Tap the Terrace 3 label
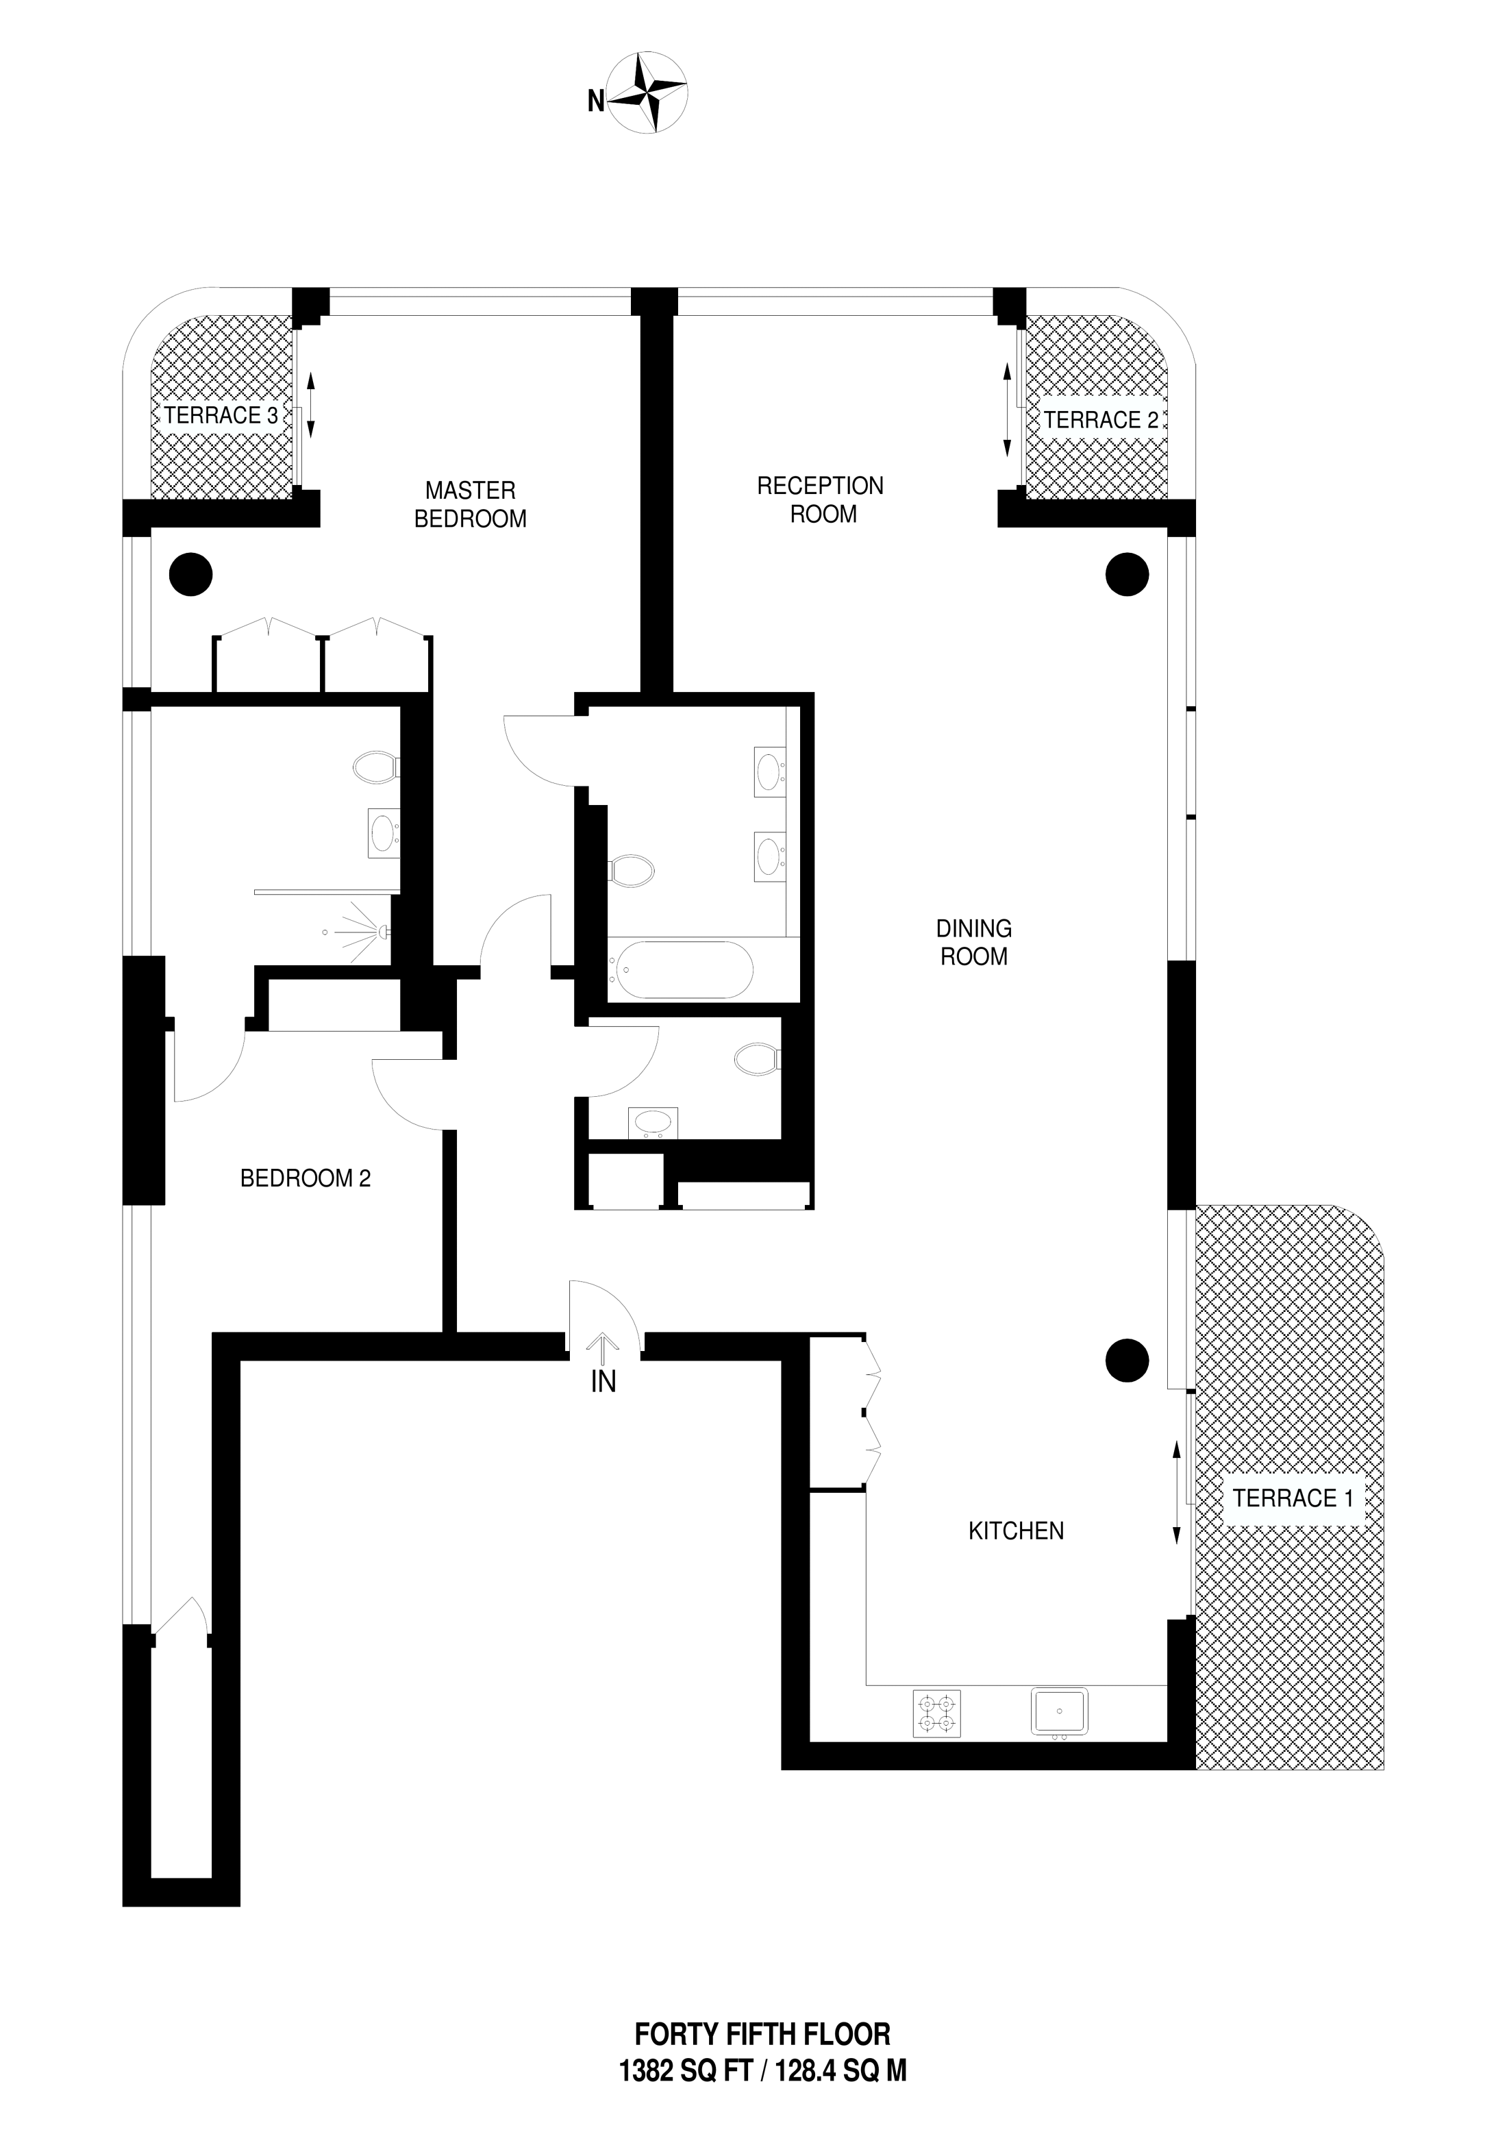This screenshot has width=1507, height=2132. click(221, 415)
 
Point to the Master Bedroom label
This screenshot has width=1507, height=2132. click(470, 504)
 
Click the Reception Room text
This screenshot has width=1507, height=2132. click(821, 499)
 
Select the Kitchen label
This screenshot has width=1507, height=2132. click(1016, 1531)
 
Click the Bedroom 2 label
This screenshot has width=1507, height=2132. click(306, 1178)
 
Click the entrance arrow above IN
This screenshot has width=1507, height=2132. click(603, 1348)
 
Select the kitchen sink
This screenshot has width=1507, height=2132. click(1060, 1711)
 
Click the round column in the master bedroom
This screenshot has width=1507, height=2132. click(190, 574)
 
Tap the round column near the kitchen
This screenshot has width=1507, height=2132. click(1128, 1361)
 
